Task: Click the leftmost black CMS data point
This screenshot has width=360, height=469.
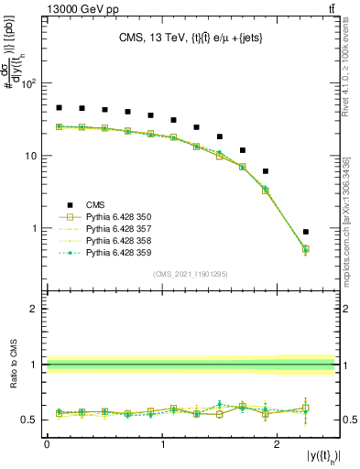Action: coord(59,107)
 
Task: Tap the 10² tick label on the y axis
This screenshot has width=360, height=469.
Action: coord(28,83)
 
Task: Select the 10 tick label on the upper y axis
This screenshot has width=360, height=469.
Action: coord(30,156)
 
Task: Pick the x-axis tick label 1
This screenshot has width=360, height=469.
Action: coord(162,443)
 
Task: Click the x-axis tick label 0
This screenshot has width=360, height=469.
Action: coord(47,443)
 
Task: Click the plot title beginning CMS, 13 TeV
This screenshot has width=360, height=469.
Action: coord(191,38)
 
